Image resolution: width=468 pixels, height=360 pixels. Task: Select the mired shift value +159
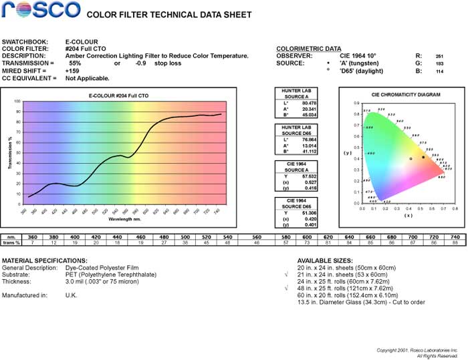point(72,70)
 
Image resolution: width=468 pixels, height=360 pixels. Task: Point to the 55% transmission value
point(75,63)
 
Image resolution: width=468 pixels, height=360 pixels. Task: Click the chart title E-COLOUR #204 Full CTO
point(118,96)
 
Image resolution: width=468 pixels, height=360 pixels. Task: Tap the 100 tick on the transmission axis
point(17,102)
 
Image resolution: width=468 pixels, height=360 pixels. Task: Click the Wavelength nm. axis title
point(125,218)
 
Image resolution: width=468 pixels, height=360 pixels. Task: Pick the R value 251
point(439,55)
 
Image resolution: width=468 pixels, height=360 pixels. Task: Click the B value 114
point(439,70)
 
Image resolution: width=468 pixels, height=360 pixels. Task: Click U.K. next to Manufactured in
point(70,295)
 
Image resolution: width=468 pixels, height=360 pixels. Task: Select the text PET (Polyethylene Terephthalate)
point(113,275)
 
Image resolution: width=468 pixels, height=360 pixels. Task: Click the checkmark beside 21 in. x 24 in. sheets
point(286,275)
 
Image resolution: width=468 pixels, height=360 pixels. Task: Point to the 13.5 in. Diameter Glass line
point(351,303)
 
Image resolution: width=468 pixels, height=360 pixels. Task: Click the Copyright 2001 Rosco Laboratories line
point(417,350)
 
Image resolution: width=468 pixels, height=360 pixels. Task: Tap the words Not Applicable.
point(88,77)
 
